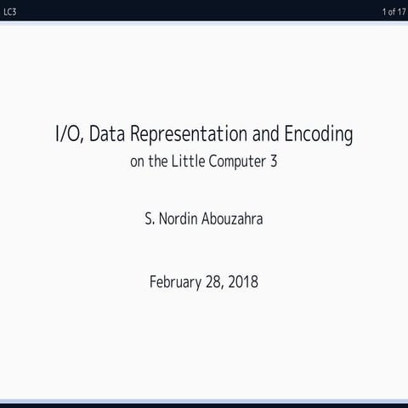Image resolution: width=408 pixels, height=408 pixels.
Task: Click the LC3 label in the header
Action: point(10,10)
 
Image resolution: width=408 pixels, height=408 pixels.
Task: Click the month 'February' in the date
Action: point(176,281)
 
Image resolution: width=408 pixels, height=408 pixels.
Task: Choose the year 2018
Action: point(243,281)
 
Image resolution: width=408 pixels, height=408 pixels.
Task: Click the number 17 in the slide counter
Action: point(400,10)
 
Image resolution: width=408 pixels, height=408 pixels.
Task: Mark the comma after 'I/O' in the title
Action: point(82,141)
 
